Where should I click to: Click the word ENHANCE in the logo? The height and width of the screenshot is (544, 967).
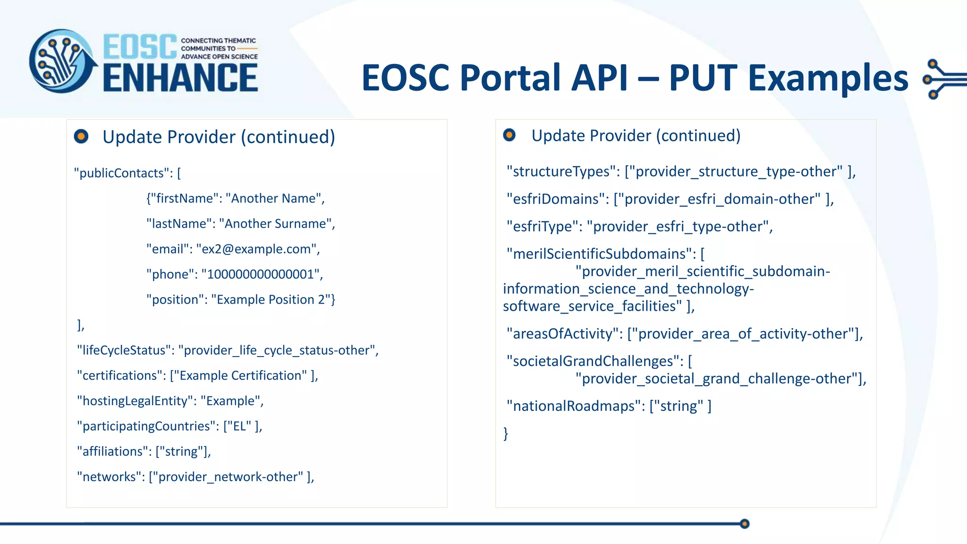[180, 78]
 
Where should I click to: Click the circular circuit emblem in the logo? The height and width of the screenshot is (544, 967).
[61, 61]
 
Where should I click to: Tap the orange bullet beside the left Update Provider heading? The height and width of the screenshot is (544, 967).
[81, 136]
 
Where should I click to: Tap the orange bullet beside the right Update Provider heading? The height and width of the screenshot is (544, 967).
[509, 135]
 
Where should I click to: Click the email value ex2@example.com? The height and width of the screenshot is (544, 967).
[256, 249]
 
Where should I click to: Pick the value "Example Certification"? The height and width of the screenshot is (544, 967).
[240, 375]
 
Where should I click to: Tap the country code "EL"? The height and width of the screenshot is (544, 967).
[239, 426]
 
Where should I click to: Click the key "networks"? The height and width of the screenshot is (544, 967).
[109, 477]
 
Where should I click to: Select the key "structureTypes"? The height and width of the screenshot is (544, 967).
[561, 171]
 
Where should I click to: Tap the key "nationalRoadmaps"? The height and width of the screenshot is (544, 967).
[574, 406]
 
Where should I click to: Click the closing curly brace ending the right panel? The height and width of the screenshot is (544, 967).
[506, 433]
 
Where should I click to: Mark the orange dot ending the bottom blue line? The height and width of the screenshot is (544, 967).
[745, 524]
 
